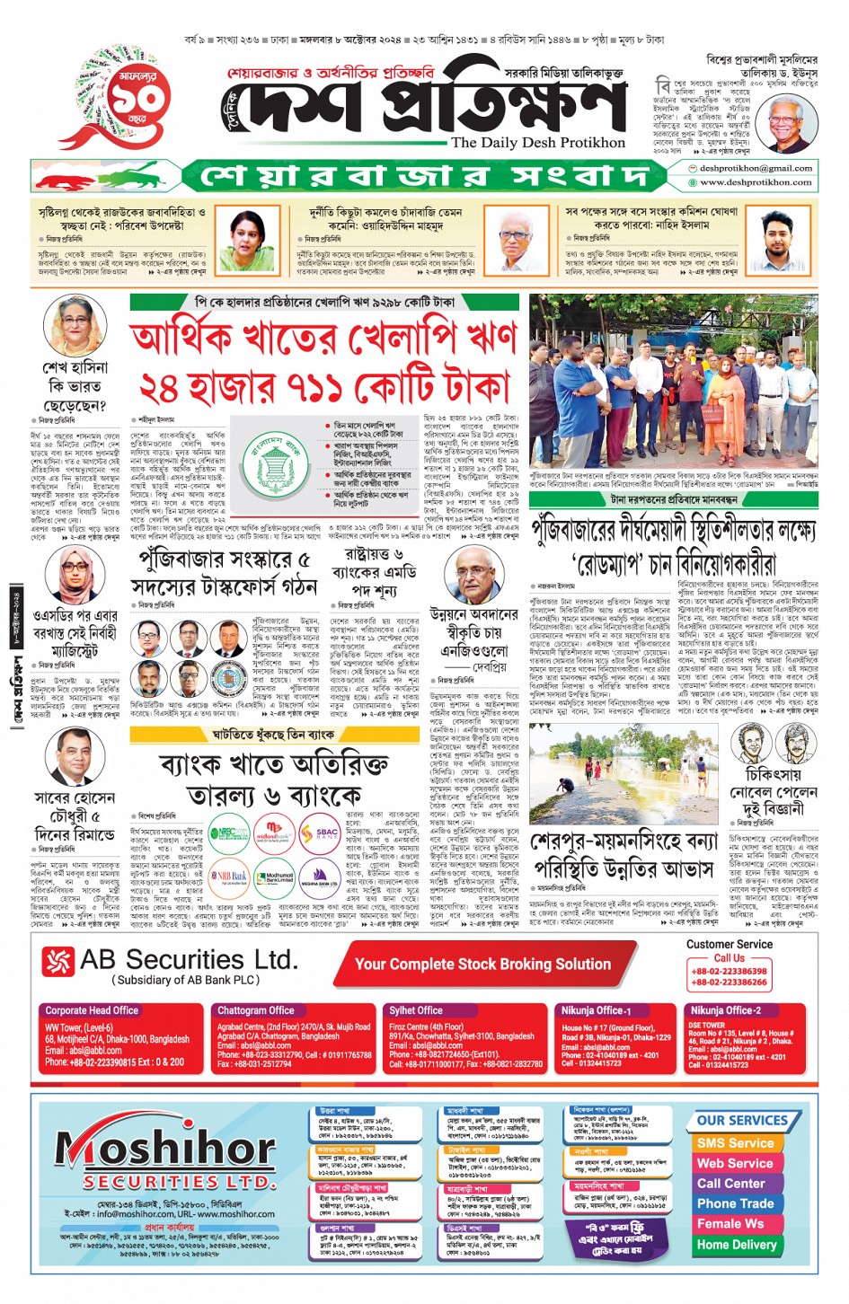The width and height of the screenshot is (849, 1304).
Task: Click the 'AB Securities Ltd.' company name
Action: (x=188, y=960)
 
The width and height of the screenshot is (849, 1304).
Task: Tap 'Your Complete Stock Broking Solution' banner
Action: (x=482, y=965)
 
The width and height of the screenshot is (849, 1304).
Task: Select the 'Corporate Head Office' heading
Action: (x=92, y=1010)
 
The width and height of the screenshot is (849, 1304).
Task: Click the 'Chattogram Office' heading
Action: (x=256, y=1010)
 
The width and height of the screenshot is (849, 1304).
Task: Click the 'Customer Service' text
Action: (x=729, y=944)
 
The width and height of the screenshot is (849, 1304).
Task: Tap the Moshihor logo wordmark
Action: (x=165, y=1150)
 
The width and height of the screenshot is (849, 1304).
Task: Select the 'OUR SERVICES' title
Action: (x=741, y=1121)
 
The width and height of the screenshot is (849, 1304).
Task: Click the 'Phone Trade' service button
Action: (x=735, y=1203)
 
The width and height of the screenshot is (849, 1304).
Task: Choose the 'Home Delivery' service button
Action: (x=736, y=1245)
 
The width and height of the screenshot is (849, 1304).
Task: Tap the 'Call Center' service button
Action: (x=731, y=1183)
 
